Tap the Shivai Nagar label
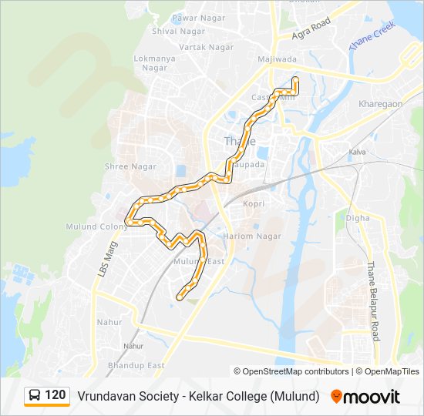[x=176, y=31]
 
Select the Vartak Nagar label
[x=206, y=47]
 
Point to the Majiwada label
[x=276, y=59]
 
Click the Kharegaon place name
[x=380, y=103]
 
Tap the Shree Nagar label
[x=130, y=166]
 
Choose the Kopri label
[x=253, y=204]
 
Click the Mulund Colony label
[x=103, y=226]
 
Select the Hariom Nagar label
[x=252, y=236]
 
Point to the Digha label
[x=358, y=218]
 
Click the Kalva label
[x=358, y=153]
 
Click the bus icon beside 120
[x=35, y=396]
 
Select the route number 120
[x=56, y=395]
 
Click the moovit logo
[x=365, y=397]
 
